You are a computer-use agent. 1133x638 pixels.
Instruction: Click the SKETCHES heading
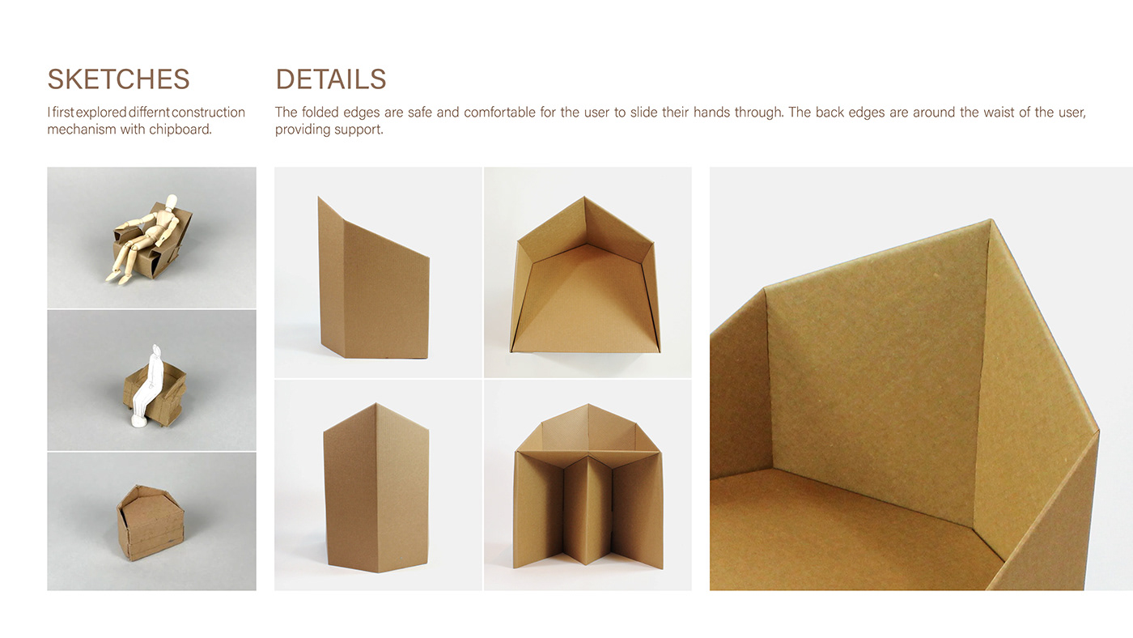click(118, 79)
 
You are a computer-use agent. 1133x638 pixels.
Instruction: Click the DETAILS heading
click(331, 79)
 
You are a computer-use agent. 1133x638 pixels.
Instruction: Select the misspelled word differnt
click(149, 112)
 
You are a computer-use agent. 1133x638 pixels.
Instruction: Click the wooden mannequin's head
click(172, 200)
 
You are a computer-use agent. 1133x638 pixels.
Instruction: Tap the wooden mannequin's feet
click(116, 277)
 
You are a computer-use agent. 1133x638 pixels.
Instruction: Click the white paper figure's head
click(156, 350)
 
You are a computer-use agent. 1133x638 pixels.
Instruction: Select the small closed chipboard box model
click(151, 523)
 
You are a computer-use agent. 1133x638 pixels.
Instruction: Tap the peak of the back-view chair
click(376, 403)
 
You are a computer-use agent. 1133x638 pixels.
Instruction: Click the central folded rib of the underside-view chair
click(588, 510)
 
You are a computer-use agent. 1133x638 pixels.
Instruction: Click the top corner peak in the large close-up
click(990, 219)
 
